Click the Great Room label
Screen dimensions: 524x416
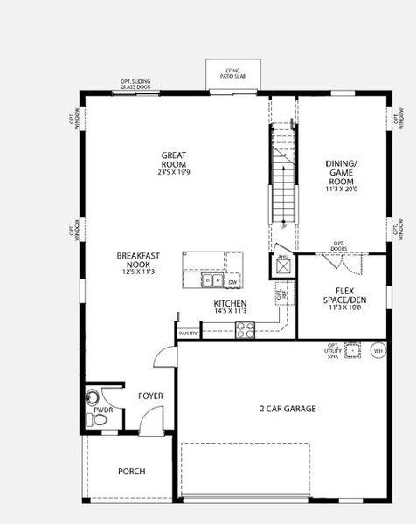click(174, 161)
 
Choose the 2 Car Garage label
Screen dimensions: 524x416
click(288, 408)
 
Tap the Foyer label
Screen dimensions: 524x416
click(150, 396)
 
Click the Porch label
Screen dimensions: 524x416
click(131, 472)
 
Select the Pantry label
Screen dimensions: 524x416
click(189, 333)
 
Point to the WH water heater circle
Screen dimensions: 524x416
click(378, 351)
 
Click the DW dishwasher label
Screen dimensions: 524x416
click(232, 282)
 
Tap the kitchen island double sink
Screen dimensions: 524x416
click(210, 281)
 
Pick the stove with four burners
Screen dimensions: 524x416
click(246, 330)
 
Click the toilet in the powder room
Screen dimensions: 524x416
click(99, 420)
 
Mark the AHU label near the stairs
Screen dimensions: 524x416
click(283, 256)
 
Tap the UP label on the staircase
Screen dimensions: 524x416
click(282, 226)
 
